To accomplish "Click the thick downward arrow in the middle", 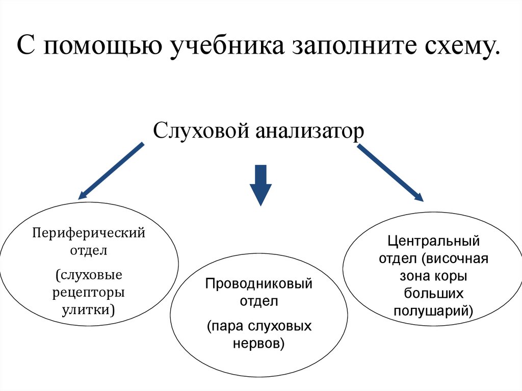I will [260, 185].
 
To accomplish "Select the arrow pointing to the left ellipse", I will [111, 170].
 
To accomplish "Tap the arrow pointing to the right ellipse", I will [390, 173].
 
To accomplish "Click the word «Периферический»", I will [89, 233].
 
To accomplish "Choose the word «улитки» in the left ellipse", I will [88, 309].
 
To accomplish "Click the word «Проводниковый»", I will [258, 284].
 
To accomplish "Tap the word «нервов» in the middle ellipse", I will [258, 343].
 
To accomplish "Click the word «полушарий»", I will [434, 310].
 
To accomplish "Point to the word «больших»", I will [434, 293].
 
